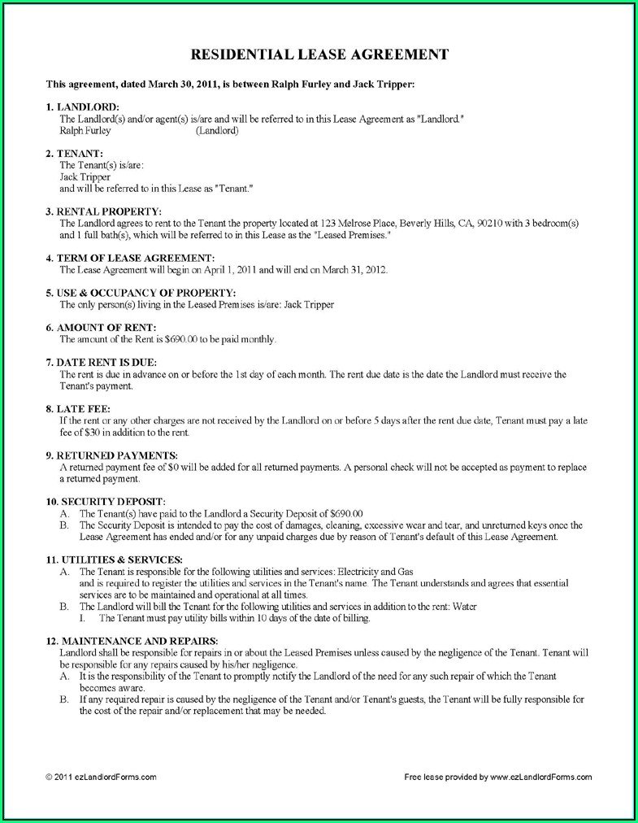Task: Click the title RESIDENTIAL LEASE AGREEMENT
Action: [319, 54]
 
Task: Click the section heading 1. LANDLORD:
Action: [82, 107]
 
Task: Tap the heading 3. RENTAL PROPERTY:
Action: [103, 211]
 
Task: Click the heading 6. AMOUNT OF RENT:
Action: [101, 327]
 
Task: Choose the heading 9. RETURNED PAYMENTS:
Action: [111, 455]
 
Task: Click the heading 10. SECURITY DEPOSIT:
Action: [106, 501]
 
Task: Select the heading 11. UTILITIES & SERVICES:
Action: [114, 560]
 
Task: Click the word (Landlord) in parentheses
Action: [217, 130]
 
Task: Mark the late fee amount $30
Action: [78, 432]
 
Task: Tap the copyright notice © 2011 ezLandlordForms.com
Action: [102, 777]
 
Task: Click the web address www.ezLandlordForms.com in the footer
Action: [541, 777]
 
